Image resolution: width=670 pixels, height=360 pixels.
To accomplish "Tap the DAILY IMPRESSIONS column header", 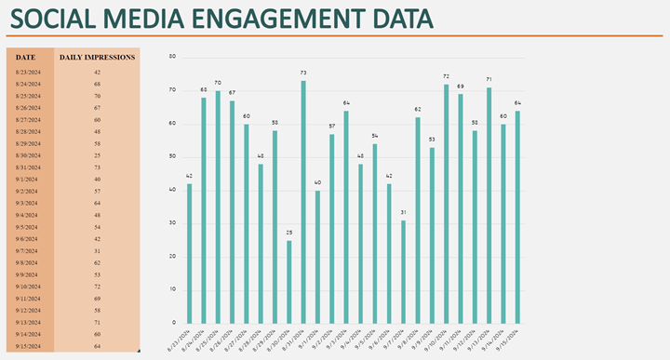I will [x=97, y=57].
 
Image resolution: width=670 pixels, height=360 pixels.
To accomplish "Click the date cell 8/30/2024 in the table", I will [x=27, y=155].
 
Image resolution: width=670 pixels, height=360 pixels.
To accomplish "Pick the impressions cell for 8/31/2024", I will [x=97, y=167].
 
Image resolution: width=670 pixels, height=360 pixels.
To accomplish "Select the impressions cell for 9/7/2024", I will [x=97, y=250].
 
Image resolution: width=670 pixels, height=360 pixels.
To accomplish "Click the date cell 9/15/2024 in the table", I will [x=27, y=346].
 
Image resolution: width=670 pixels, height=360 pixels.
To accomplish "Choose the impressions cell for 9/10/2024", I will [x=97, y=287].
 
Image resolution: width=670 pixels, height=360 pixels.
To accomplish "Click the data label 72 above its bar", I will [x=446, y=76].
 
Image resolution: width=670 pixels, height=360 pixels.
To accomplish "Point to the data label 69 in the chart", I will [x=460, y=86].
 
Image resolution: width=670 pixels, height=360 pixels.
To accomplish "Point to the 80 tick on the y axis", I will [x=171, y=56].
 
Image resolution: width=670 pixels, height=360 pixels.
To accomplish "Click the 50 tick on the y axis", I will [x=171, y=156].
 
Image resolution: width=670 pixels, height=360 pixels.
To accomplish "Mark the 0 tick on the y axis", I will [x=173, y=323].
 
